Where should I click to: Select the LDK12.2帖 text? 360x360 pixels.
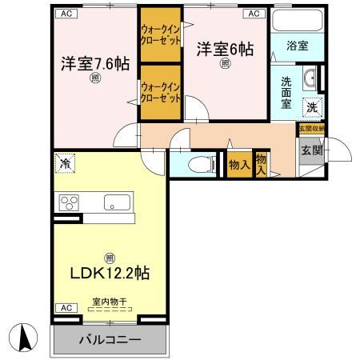[x=109, y=272]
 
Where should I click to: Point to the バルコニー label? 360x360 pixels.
[x=110, y=340]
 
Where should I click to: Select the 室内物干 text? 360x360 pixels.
[x=109, y=301]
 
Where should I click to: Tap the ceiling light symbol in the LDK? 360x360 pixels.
[x=109, y=256]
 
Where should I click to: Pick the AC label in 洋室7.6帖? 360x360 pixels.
[x=66, y=14]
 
